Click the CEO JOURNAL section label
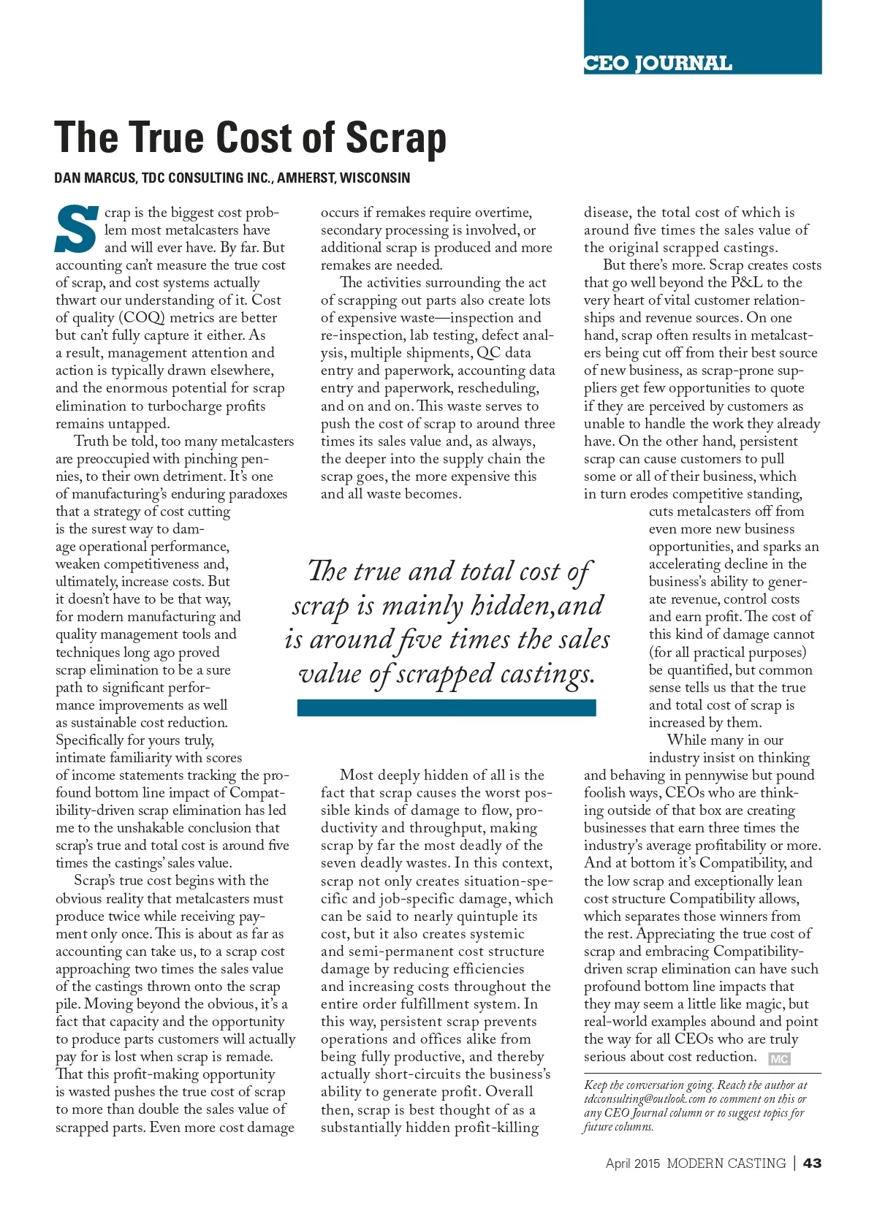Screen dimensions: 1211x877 [x=658, y=63]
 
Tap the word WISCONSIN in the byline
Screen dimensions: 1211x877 [x=375, y=178]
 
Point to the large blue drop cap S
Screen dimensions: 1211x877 [x=77, y=229]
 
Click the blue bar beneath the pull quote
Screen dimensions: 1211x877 [x=446, y=707]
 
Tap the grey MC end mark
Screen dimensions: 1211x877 [x=779, y=1058]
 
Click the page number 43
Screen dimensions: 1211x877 [x=812, y=1163]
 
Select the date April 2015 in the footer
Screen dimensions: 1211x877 [x=632, y=1163]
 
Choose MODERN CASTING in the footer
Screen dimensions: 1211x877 [x=726, y=1163]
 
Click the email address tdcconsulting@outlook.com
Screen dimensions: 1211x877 [x=645, y=1099]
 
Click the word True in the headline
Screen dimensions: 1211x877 [x=170, y=138]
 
